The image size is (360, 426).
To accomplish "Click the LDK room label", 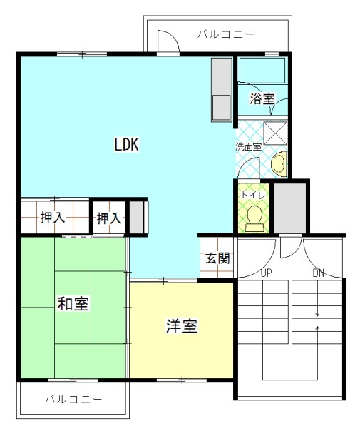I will coord(126,145).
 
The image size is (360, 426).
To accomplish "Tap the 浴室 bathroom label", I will coord(262,99).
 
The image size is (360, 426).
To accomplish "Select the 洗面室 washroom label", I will coord(249,146).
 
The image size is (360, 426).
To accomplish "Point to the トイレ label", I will coord(252,193).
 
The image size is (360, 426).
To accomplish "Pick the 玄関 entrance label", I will coord(217,258).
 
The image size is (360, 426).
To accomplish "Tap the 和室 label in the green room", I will coord(73,303).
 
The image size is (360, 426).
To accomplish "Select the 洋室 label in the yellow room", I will coord(182,327).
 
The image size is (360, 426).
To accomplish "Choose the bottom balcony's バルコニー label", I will coord(73,398).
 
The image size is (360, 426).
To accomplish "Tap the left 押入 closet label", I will coord(52,218).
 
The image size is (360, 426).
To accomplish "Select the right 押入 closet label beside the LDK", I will coord(108,218).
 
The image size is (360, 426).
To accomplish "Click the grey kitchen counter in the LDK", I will coord(221,89).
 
